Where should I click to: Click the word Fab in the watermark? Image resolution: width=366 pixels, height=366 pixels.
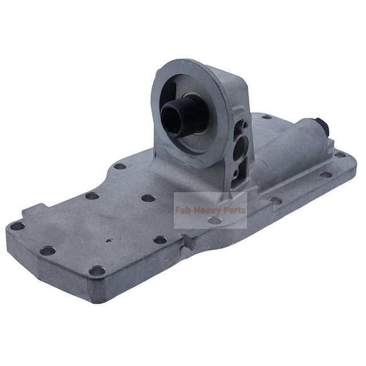(x=184, y=210)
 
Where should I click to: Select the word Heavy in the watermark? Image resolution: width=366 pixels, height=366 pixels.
(x=208, y=210)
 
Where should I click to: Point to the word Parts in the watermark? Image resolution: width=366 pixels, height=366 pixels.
(x=234, y=210)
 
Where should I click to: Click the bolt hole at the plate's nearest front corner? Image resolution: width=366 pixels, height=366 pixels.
(x=97, y=270)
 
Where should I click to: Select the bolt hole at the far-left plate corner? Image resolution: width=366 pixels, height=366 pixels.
(x=17, y=226)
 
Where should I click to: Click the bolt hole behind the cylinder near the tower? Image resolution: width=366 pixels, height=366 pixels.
(x=266, y=117)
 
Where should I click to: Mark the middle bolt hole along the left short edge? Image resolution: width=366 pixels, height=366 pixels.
(x=49, y=250)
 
